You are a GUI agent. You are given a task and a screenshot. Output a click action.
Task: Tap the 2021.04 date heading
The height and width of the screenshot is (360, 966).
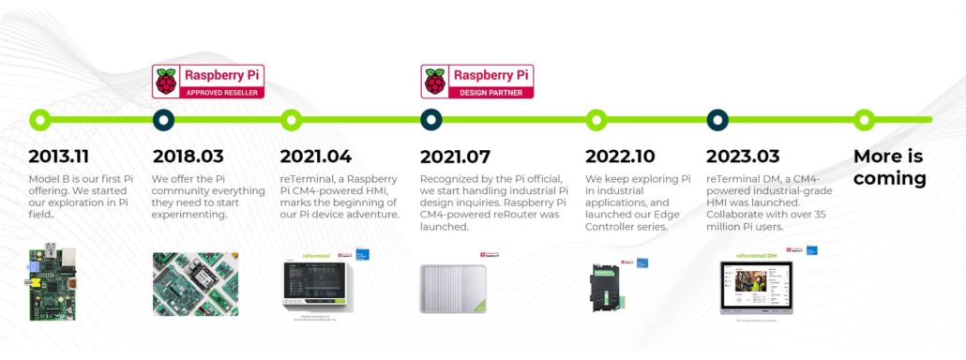tap(314, 157)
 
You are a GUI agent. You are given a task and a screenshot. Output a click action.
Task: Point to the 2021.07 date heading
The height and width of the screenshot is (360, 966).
tap(455, 157)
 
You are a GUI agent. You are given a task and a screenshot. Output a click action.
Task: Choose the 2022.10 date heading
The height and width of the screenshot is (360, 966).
tap(620, 157)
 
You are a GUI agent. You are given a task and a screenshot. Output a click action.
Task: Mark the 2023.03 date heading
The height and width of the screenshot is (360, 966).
tap(744, 157)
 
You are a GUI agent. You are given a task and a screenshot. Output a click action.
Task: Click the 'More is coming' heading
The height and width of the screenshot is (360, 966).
tap(889, 167)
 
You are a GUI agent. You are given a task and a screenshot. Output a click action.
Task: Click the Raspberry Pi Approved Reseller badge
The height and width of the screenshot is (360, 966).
tap(208, 82)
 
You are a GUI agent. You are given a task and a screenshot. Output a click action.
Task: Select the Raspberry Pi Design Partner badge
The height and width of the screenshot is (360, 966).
tap(477, 82)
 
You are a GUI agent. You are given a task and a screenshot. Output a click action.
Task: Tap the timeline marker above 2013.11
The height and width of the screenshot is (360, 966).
tap(39, 119)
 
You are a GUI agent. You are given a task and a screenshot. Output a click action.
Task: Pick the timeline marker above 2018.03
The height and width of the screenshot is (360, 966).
tap(163, 119)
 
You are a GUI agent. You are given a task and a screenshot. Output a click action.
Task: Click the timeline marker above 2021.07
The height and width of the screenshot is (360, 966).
tap(431, 119)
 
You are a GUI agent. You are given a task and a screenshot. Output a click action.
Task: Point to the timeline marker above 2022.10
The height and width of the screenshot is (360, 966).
tap(596, 119)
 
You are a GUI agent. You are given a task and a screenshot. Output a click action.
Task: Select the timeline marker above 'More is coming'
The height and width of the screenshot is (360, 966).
tap(865, 119)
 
